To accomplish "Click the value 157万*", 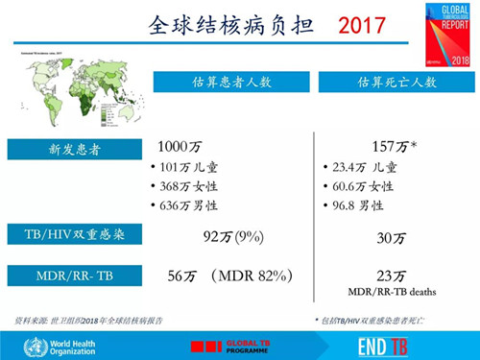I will click(x=393, y=147).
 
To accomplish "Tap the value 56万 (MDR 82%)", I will click(x=230, y=276).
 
